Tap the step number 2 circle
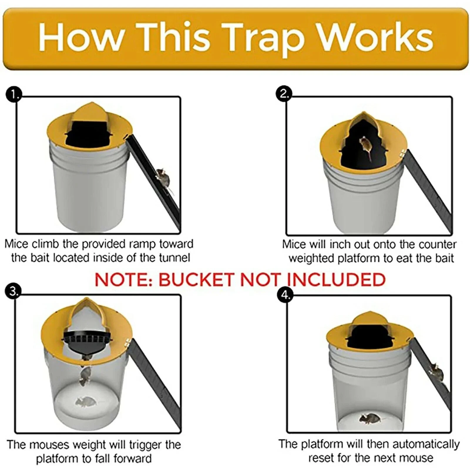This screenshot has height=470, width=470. pos(284,94)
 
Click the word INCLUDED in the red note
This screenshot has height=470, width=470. pos(336,280)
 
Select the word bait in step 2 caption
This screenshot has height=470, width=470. pos(445,258)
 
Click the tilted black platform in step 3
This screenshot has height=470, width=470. pos(85,341)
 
